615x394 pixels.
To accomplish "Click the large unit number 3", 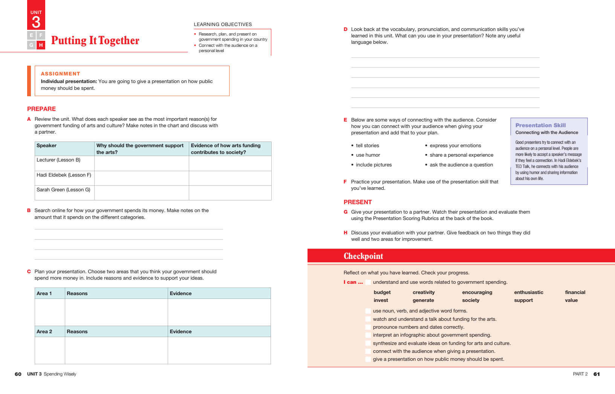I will click(x=36, y=22).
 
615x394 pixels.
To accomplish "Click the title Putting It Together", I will click(x=95, y=40).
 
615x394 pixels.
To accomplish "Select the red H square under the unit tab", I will click(x=41, y=45).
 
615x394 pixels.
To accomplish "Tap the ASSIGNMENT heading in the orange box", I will click(x=60, y=74).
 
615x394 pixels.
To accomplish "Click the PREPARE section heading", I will click(x=41, y=109).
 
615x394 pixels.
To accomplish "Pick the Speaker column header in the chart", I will click(x=46, y=146).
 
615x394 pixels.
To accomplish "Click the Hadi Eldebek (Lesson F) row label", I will click(x=64, y=175).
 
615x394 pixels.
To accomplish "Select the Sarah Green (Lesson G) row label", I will click(x=63, y=190).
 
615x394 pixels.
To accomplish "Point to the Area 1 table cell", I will click(x=44, y=294).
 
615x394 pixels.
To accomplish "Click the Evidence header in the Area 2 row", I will click(x=181, y=332).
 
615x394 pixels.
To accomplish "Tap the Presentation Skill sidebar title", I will click(x=540, y=125).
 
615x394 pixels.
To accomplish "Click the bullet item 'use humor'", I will click(x=368, y=155).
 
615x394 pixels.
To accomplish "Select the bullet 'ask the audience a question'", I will click(x=461, y=165).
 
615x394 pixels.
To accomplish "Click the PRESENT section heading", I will click(x=358, y=202).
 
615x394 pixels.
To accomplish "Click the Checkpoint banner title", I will click(x=363, y=256).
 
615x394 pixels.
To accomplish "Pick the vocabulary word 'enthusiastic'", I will click(x=528, y=292).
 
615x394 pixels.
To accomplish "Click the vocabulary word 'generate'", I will click(x=423, y=300).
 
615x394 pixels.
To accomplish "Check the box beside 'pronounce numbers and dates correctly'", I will click(x=368, y=327).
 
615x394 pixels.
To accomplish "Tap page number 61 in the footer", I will click(x=597, y=374).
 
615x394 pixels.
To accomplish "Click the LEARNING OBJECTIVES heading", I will click(x=223, y=25).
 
